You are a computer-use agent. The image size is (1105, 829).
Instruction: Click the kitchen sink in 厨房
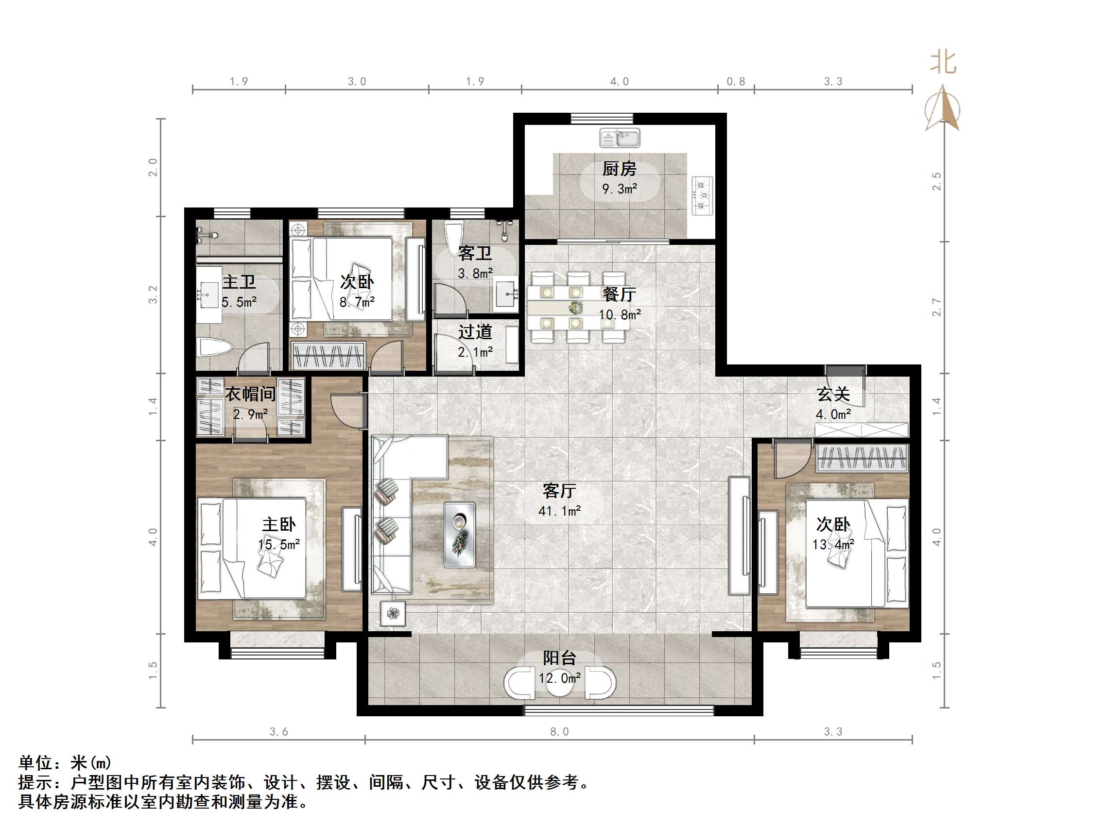point(620,138)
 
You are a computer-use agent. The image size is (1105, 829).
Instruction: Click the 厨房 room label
point(619,169)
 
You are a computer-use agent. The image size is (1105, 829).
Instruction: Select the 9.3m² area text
point(620,190)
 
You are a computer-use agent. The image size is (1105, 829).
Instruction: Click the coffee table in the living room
point(460,535)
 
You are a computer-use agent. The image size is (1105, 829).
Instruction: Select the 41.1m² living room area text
point(559,511)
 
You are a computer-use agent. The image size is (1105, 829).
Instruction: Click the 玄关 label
point(833,395)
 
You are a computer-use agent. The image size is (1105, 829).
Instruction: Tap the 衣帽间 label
point(250,394)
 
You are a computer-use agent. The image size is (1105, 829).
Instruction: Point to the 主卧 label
point(278,525)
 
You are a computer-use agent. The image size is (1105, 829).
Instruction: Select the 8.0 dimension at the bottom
point(559,731)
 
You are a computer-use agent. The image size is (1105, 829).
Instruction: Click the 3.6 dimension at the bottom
point(278,731)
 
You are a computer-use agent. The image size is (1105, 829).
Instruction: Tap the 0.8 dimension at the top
point(735,82)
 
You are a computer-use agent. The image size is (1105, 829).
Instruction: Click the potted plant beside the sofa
point(393,613)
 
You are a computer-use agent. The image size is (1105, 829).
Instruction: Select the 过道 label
point(475,332)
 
